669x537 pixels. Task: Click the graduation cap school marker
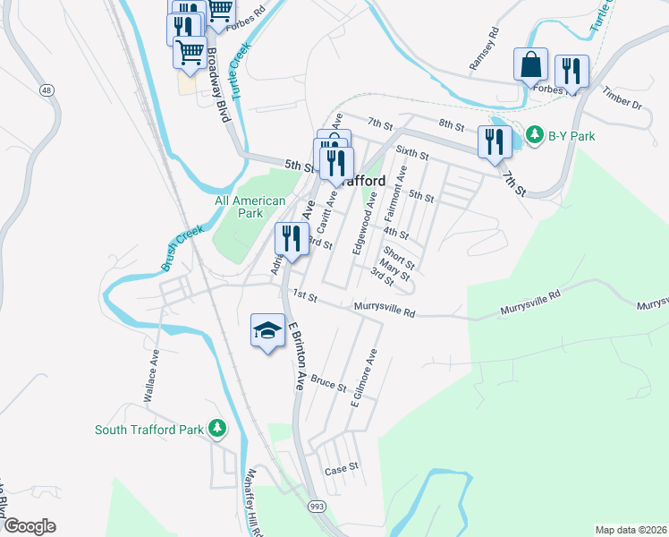tap(267, 330)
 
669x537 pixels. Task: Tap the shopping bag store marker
tap(530, 65)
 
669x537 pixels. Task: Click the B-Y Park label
tap(572, 136)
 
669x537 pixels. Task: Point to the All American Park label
tap(250, 208)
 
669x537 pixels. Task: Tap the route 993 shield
tap(317, 507)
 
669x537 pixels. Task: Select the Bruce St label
tap(329, 385)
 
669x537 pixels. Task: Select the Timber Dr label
tap(622, 98)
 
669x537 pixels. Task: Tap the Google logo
tap(30, 526)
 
